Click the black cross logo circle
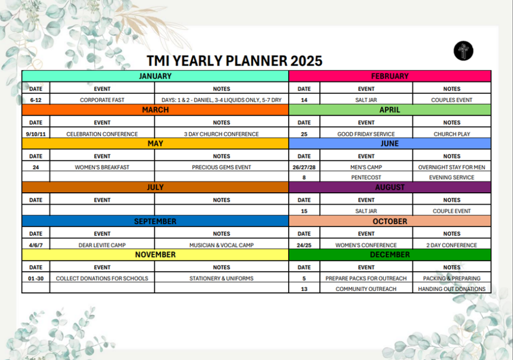(x=463, y=51)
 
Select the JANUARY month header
(x=155, y=76)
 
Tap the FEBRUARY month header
(x=390, y=76)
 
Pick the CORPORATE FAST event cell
(x=102, y=100)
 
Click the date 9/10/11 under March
(x=36, y=134)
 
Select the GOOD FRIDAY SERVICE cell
(x=366, y=134)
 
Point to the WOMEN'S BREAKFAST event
(x=102, y=167)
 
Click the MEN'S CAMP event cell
(x=366, y=167)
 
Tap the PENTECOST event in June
(x=366, y=178)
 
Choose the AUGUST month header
(x=390, y=187)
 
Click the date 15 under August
(x=304, y=211)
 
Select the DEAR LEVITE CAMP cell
(x=102, y=245)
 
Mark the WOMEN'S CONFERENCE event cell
(x=366, y=245)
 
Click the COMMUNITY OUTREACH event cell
(x=366, y=289)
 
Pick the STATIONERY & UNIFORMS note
(x=221, y=278)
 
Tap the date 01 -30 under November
(x=36, y=278)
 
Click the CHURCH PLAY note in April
(x=452, y=134)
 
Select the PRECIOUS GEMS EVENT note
(x=221, y=167)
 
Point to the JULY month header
(x=155, y=187)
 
